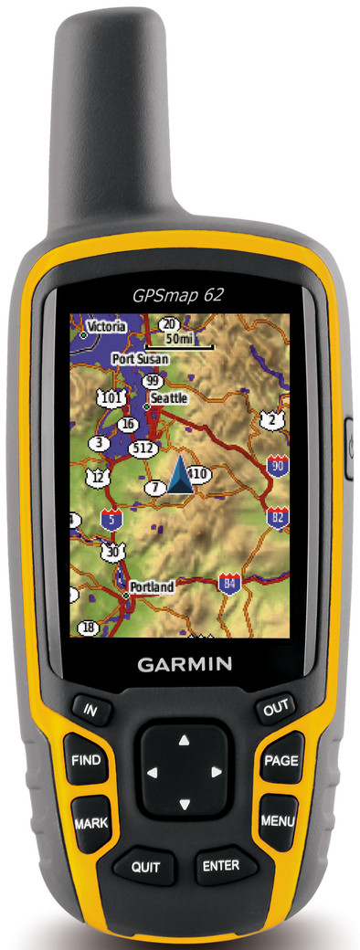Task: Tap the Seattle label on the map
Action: [169, 398]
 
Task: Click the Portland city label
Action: [152, 587]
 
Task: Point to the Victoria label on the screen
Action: [106, 326]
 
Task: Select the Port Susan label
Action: [140, 360]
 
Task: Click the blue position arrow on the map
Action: [180, 476]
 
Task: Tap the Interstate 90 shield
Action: [279, 466]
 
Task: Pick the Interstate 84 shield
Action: [228, 582]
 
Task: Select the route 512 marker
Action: [143, 449]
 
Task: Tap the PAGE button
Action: [281, 760]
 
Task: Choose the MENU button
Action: [277, 820]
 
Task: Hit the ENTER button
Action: [222, 865]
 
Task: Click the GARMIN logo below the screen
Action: [185, 664]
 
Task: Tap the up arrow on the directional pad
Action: [184, 739]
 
